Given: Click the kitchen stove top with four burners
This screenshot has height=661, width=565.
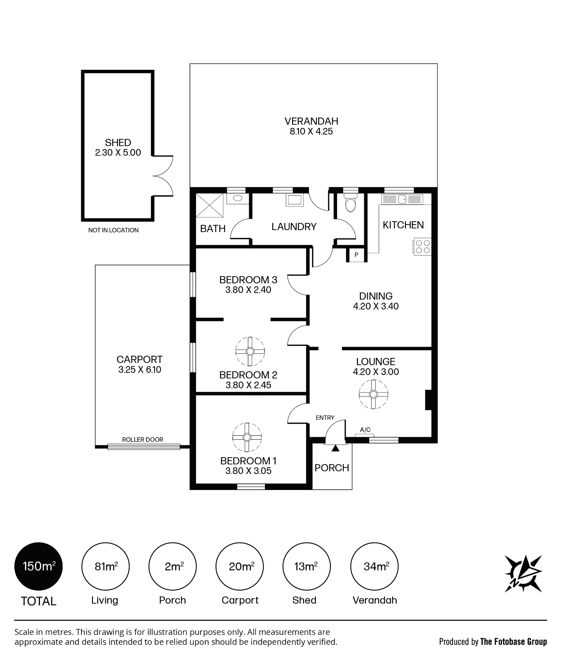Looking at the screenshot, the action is (x=422, y=247).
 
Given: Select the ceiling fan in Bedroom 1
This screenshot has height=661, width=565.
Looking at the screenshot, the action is (x=247, y=437).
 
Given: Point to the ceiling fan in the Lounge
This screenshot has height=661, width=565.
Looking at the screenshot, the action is (x=373, y=394).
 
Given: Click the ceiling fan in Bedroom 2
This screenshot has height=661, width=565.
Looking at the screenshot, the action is (x=250, y=351).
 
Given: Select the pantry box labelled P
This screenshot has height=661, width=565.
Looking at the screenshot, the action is (x=356, y=255).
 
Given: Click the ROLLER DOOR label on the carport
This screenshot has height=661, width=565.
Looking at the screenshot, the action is (x=143, y=440).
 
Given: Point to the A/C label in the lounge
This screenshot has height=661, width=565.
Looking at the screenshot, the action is (x=365, y=430).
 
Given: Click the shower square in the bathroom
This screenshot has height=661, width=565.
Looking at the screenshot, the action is (x=210, y=205).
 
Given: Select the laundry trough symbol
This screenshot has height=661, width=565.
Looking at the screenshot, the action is (x=294, y=200).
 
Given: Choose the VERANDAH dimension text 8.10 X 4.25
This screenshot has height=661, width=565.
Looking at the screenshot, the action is (x=311, y=131).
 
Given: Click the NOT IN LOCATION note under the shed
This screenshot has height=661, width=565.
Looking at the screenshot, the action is (x=113, y=230).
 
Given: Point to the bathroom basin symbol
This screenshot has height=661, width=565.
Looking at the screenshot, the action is (x=238, y=198).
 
